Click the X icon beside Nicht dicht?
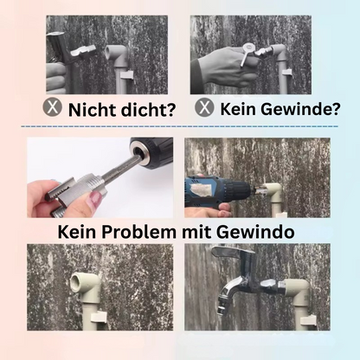point(55,109)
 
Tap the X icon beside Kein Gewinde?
point(204,108)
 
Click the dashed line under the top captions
point(180,126)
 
